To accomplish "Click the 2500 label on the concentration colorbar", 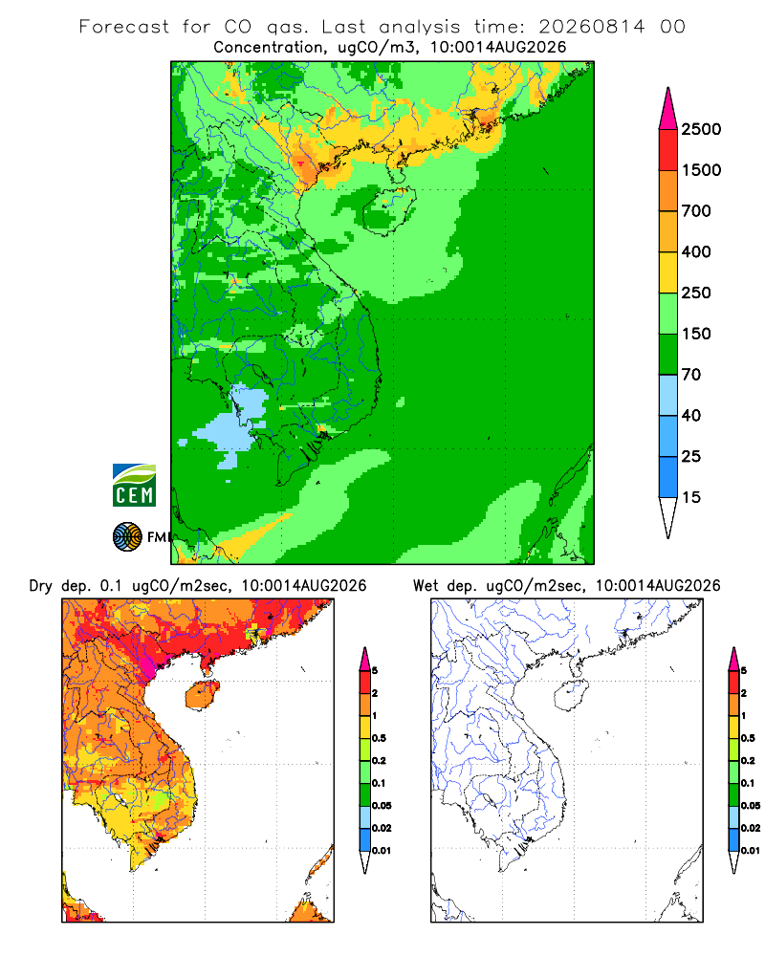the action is (x=701, y=129).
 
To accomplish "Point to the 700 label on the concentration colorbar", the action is (x=696, y=211).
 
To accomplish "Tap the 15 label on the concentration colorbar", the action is (x=691, y=497).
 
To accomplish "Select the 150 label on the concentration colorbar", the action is (x=696, y=334).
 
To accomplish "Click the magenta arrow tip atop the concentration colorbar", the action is (x=668, y=109).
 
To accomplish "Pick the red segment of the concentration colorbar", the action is (x=668, y=150).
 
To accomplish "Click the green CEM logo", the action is (x=134, y=486).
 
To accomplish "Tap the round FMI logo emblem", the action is (x=127, y=537).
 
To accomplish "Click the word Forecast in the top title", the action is (x=124, y=27).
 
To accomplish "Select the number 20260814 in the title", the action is (x=591, y=27).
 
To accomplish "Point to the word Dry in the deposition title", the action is (x=41, y=586).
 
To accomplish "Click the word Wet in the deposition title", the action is (x=426, y=586).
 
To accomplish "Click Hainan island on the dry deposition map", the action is (x=202, y=696).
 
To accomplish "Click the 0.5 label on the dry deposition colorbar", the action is (x=379, y=738).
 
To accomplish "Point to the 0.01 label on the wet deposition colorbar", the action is (x=751, y=851).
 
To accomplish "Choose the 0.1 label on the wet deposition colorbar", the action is (x=748, y=783).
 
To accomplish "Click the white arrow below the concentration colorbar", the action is (x=668, y=515).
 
